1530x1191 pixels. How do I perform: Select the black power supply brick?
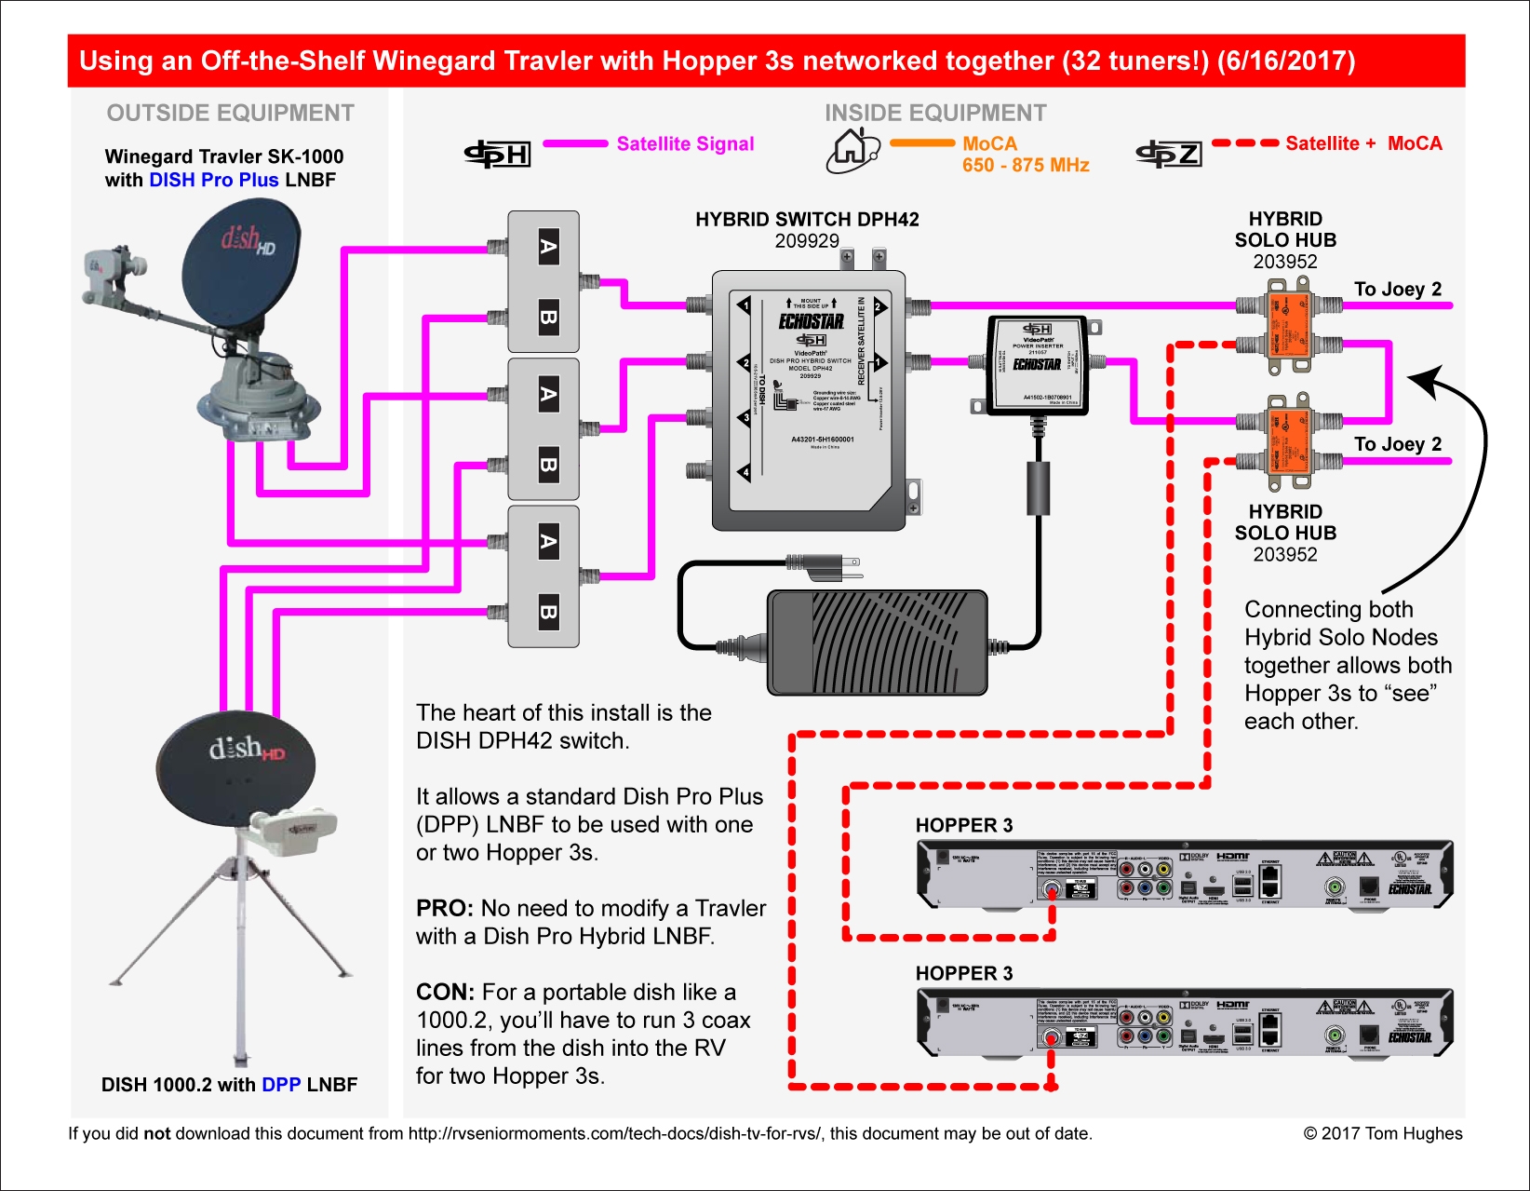877,643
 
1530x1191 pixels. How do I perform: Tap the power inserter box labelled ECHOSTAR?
1036,364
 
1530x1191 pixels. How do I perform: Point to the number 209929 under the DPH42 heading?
807,241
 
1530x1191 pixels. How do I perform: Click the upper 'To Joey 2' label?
1397,290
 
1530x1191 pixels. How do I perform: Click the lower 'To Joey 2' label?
1397,444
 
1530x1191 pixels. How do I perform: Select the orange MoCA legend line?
921,143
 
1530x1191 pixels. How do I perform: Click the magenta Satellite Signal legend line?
575,143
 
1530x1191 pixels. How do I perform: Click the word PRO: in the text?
445,909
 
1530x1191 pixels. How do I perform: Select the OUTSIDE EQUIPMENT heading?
230,113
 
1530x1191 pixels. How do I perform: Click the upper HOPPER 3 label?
963,825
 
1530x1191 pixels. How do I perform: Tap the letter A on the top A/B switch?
548,247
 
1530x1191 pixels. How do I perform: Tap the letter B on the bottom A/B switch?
548,612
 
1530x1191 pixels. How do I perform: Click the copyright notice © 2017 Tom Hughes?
1382,1133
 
